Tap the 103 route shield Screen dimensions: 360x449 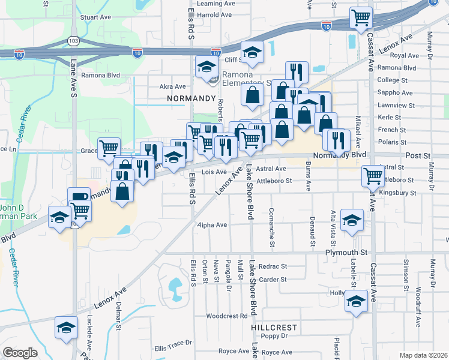pos(73,41)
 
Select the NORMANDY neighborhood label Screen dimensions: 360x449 pos(191,98)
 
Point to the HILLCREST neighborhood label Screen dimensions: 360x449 pos(275,328)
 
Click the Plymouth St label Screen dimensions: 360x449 pos(346,253)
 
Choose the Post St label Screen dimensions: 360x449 pos(418,155)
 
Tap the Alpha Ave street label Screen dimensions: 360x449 pos(212,225)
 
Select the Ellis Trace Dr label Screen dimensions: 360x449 pos(173,348)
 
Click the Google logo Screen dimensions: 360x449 pos(20,353)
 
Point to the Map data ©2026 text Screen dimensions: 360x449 pos(423,355)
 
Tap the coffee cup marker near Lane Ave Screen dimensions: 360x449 pos(79,197)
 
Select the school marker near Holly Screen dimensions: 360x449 pos(356,301)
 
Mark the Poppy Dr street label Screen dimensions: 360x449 pos(276,336)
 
